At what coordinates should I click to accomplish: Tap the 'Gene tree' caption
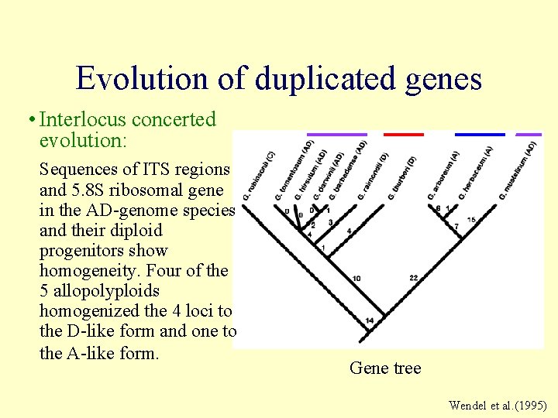(385, 368)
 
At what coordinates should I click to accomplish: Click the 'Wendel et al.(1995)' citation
(498, 406)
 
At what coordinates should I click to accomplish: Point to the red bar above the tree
(404, 135)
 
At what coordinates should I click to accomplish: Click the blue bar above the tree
(479, 135)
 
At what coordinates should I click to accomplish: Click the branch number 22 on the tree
(413, 277)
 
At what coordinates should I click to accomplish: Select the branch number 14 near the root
(370, 320)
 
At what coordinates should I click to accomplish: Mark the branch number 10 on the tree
(356, 278)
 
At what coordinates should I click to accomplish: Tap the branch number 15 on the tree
(471, 220)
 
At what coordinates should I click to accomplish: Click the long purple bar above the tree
(336, 135)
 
